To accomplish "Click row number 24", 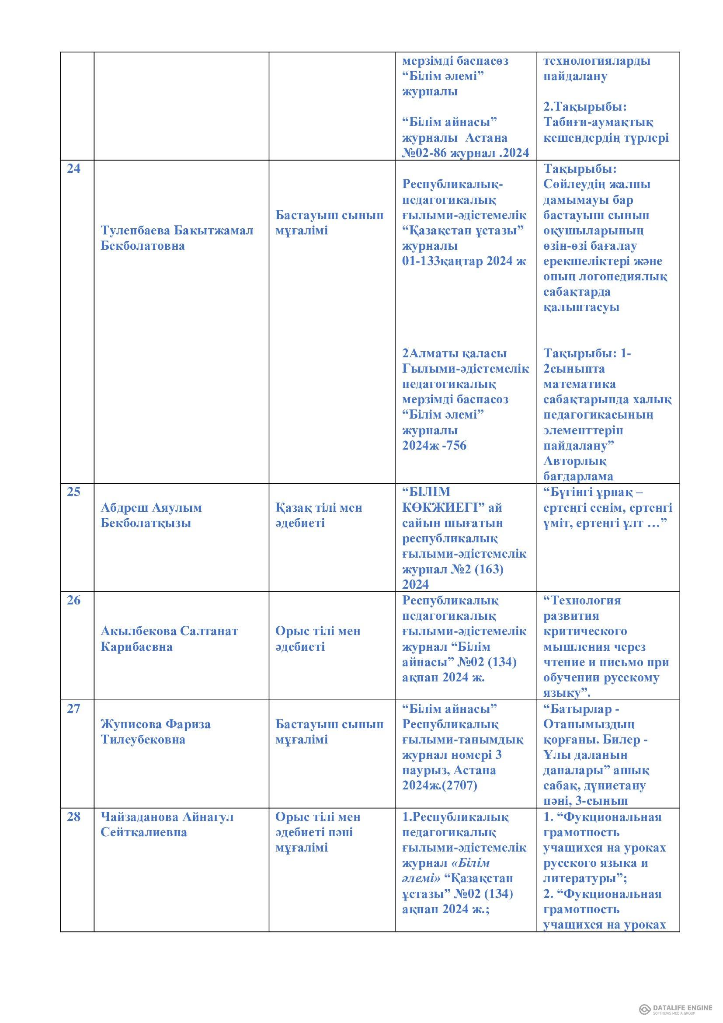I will coord(73,169).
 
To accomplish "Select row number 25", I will coord(73,492).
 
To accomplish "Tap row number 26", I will coord(73,601).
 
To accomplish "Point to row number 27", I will coord(73,709).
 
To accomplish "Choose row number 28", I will coord(73,817).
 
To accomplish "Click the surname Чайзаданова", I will coord(139,817).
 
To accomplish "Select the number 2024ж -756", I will coord(434,446).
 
